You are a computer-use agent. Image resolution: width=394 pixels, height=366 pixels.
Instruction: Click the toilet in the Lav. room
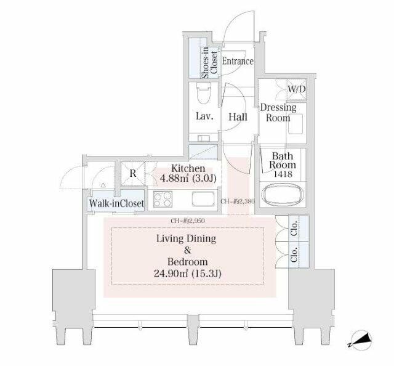(204, 92)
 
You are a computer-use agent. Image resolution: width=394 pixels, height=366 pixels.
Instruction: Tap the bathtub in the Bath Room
(282, 195)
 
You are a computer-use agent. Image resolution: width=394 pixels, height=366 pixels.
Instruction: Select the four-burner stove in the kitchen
(163, 199)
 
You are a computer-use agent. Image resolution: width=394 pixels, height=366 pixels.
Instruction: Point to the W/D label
(297, 89)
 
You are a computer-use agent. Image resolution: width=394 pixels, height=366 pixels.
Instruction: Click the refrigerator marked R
(133, 174)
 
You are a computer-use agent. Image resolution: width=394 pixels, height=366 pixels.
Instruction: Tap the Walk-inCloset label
(116, 203)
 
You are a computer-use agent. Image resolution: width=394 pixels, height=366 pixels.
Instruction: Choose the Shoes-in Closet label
(209, 62)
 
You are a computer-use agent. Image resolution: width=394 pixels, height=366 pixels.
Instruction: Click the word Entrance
(238, 61)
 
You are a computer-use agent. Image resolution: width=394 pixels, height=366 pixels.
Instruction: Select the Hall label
(238, 117)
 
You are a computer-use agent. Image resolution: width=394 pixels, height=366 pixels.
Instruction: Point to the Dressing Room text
(278, 113)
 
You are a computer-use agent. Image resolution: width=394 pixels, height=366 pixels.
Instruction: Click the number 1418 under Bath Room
(283, 174)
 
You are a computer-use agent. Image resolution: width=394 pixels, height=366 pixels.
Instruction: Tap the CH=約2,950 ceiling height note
(187, 221)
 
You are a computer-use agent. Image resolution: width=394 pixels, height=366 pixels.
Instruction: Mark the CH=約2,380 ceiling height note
(238, 201)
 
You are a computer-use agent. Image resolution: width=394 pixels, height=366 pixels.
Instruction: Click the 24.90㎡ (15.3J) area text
(187, 274)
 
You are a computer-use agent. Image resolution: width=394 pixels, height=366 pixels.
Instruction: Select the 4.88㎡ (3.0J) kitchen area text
(188, 178)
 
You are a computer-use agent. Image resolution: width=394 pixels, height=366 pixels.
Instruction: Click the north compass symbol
(360, 340)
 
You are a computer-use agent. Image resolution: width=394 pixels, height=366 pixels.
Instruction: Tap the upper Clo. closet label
(294, 228)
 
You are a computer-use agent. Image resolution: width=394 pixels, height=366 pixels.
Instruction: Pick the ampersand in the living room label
(187, 250)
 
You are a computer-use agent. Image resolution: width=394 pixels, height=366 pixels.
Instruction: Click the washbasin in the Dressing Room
(295, 124)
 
